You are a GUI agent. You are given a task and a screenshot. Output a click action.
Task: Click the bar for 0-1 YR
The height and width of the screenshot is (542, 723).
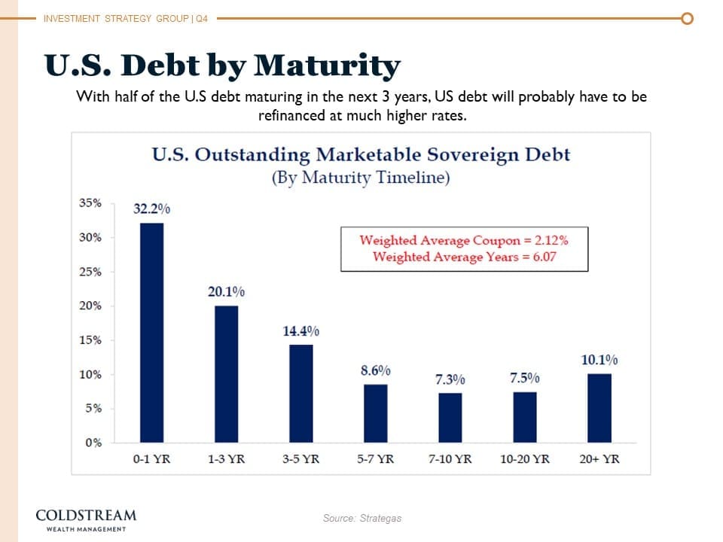(x=151, y=332)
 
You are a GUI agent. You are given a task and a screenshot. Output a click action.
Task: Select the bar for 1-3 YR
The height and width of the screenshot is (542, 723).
(x=226, y=373)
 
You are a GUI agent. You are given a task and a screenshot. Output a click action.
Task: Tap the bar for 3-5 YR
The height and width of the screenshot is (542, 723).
(x=300, y=393)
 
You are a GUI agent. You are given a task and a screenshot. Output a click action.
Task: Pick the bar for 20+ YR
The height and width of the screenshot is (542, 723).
(x=599, y=407)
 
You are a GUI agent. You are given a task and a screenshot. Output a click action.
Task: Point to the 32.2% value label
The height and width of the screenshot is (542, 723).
(x=151, y=209)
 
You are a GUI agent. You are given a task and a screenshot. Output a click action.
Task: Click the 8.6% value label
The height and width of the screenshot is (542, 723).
(x=376, y=370)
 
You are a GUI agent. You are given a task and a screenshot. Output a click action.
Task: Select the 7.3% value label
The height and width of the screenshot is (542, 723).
(x=450, y=379)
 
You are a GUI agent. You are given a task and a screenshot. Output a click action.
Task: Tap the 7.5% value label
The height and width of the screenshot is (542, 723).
(x=524, y=378)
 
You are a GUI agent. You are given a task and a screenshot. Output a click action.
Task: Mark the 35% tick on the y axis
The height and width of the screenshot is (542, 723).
(x=91, y=202)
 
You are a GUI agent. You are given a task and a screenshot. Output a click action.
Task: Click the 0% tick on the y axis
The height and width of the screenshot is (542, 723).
(x=93, y=442)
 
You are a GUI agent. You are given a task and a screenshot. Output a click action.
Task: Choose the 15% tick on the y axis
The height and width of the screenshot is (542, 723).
(x=91, y=340)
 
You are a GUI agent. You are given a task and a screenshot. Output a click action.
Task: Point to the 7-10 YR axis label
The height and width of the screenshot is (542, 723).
(x=450, y=458)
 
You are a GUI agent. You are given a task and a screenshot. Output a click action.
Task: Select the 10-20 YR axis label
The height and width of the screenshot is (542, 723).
(x=524, y=458)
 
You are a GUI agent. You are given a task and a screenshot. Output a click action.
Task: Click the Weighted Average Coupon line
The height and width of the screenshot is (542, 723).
(x=463, y=241)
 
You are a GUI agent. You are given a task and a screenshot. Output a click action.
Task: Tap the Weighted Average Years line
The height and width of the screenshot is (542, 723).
(x=464, y=257)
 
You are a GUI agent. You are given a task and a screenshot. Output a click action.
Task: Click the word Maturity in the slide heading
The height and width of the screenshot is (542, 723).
(x=327, y=66)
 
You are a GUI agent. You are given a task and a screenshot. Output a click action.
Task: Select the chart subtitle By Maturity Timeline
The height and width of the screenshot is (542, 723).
(x=361, y=178)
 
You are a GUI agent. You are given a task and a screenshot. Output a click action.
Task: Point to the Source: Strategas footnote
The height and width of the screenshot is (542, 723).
(x=361, y=518)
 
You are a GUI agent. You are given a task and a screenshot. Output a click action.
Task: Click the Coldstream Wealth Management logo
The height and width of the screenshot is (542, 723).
(x=87, y=519)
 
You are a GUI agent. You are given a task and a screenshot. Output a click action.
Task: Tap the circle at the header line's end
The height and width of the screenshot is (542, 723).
(x=685, y=18)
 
